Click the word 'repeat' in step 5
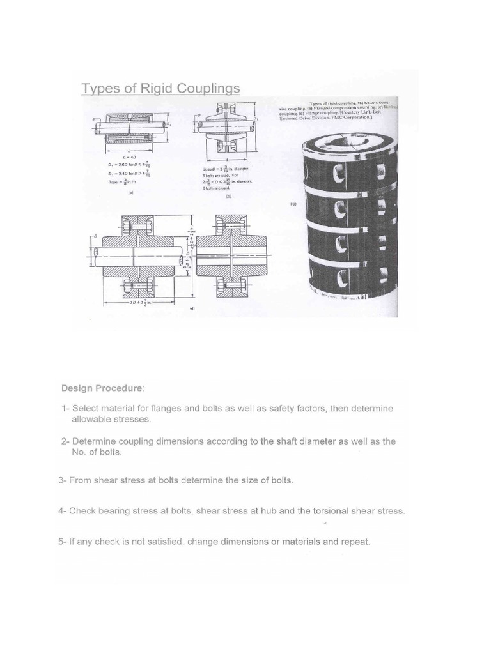click(355, 542)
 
